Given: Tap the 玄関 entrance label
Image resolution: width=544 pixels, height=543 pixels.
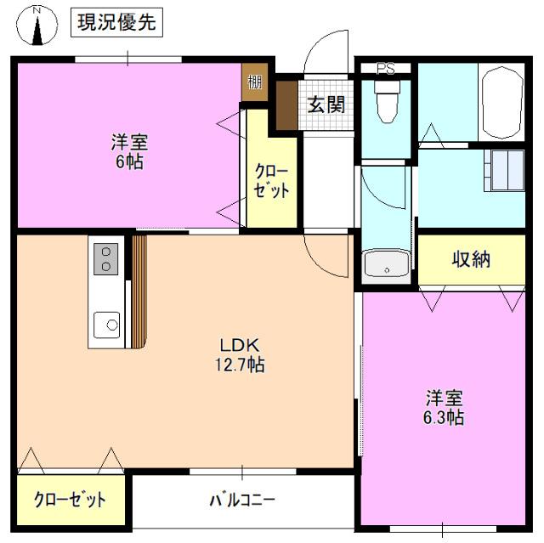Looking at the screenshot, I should click(x=326, y=105).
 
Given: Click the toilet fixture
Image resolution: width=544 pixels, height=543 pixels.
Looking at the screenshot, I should click(x=387, y=106).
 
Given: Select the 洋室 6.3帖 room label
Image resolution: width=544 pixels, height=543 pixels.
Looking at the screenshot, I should click(x=445, y=407).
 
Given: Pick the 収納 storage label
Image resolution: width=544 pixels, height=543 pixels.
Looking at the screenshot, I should click(x=471, y=259).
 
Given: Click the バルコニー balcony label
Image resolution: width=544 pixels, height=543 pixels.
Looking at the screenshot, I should click(x=242, y=500).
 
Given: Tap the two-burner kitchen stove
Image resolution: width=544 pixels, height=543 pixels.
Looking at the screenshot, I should click(x=106, y=258).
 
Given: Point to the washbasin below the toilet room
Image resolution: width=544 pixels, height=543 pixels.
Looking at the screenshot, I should click(x=386, y=265).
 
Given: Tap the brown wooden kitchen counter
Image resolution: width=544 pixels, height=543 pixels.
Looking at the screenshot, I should click(x=139, y=289).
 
